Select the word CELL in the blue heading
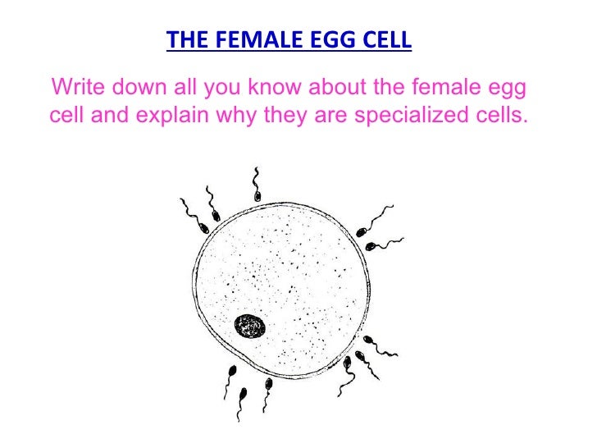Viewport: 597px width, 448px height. pyautogui.click(x=385, y=40)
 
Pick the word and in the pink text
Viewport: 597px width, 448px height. pyautogui.click(x=110, y=114)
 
